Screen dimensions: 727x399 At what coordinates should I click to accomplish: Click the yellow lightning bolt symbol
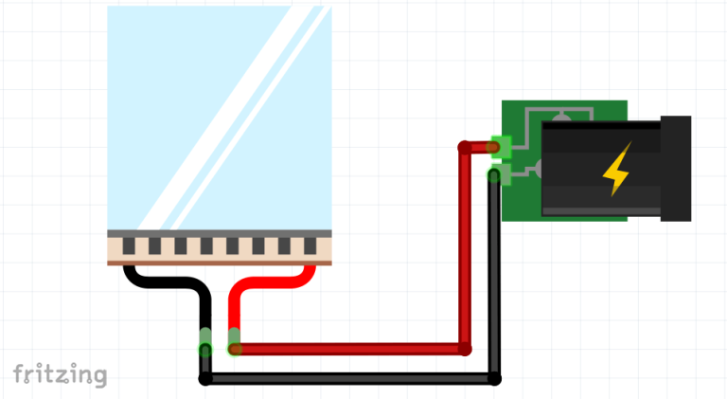617,170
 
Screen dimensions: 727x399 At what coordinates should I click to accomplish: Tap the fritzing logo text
61,374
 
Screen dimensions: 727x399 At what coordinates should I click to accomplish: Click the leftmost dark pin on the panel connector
129,245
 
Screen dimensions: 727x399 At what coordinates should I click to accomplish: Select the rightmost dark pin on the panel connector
310,245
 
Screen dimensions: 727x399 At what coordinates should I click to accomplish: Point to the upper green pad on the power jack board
501,147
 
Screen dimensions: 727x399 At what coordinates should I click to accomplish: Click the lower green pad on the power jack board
501,175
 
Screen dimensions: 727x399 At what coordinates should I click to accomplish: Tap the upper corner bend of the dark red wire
465,148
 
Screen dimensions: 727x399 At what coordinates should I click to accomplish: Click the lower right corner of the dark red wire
465,349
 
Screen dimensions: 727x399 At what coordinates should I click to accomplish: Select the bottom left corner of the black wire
205,378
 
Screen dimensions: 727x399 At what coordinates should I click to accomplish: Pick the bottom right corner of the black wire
494,378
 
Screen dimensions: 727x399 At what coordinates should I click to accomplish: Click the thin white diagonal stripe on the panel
251,118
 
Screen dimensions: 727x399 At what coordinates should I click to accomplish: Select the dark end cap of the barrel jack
676,169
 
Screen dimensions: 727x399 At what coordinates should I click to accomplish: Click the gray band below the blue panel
220,234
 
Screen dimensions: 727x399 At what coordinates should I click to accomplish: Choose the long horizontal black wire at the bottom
349,378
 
